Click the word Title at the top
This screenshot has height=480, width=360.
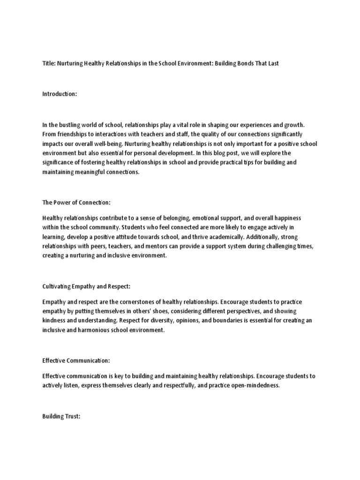coord(48,63)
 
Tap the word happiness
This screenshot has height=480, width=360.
coord(285,218)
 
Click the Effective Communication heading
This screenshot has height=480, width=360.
coord(76,360)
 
